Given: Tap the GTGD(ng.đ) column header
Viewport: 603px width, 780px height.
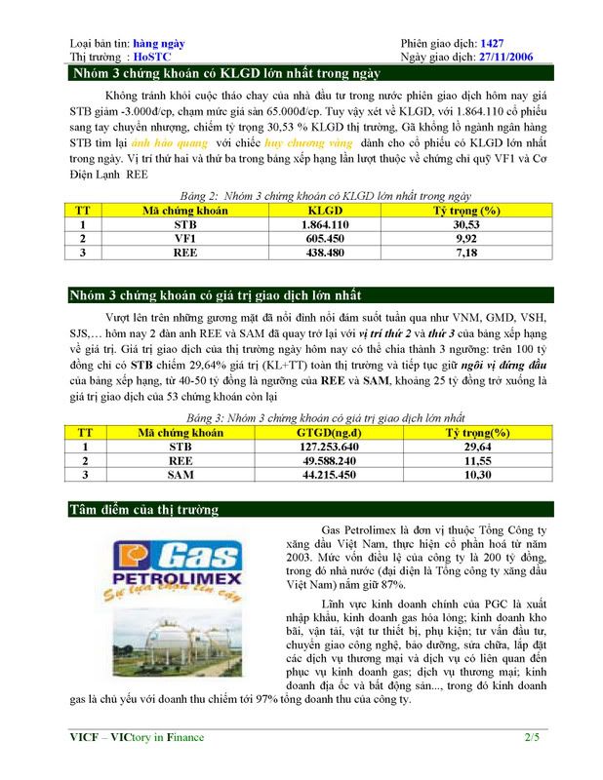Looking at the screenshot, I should click(x=329, y=433).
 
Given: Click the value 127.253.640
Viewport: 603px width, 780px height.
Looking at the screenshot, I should click(x=329, y=447).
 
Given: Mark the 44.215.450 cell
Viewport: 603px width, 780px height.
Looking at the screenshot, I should click(x=329, y=475).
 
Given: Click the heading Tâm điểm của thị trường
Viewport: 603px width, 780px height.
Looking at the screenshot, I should click(x=143, y=510).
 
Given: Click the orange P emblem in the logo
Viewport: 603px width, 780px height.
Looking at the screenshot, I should click(x=127, y=560).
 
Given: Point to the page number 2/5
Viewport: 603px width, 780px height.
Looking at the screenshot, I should click(x=532, y=738).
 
